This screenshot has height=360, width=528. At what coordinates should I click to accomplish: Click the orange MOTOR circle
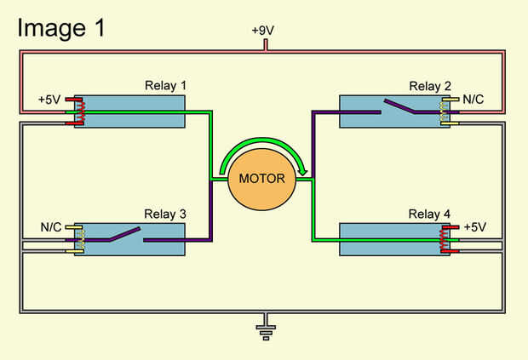coord(261,179)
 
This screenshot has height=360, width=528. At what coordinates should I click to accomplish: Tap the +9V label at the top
coord(264,30)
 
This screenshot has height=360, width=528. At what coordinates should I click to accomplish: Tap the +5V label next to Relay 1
coord(50,99)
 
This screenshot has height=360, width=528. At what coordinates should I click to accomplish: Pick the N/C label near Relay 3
coord(52,227)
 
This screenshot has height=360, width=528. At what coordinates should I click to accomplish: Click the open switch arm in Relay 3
coord(124,234)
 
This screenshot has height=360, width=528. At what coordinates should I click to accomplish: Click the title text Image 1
coord(60,27)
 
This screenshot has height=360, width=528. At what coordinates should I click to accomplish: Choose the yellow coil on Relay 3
coord(81,239)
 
